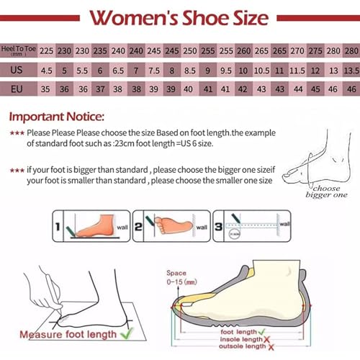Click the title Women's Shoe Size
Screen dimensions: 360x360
(180, 17)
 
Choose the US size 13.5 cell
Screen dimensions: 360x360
(351, 71)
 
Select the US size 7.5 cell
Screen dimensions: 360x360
(154, 71)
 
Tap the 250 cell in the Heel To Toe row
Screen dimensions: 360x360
(190, 50)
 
